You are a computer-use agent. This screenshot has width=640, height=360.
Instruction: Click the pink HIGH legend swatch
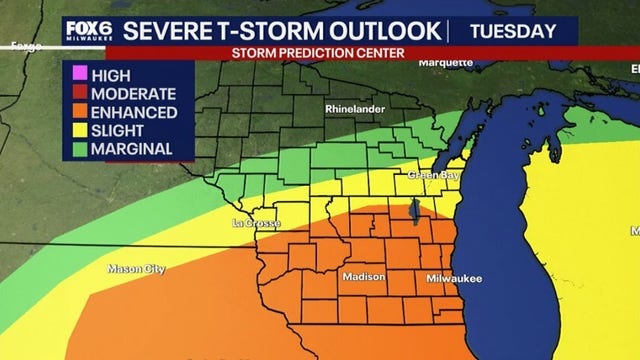click(x=79, y=75)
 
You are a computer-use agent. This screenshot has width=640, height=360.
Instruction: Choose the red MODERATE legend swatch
click(x=79, y=93)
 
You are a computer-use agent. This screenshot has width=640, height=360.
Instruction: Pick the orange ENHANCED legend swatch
click(x=79, y=112)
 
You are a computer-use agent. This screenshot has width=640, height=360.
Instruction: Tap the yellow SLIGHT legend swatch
click(x=79, y=131)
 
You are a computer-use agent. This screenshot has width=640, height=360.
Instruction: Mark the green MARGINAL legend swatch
click(x=79, y=149)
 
